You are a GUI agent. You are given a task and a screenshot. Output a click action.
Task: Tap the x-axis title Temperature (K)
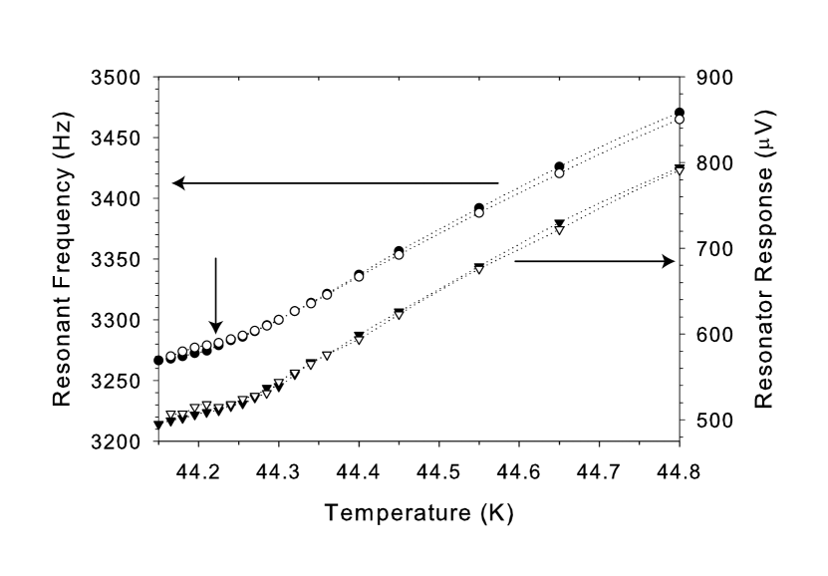[x=417, y=514]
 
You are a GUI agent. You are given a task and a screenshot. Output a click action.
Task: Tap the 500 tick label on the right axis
[x=706, y=421]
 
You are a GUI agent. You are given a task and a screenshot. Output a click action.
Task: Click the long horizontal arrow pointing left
[x=335, y=183]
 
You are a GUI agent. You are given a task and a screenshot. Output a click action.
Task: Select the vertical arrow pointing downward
[x=215, y=295]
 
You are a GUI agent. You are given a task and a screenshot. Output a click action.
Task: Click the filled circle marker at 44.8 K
[x=680, y=113]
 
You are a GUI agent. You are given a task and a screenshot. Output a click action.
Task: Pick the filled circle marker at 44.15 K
[x=158, y=360]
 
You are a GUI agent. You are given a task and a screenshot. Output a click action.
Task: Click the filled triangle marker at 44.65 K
[x=560, y=223]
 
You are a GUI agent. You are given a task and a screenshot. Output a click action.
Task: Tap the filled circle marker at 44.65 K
[x=560, y=166]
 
